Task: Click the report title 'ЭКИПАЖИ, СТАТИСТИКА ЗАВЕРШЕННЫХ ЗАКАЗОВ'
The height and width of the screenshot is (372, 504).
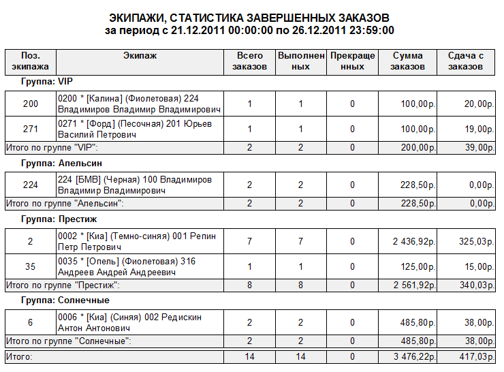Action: [250, 17]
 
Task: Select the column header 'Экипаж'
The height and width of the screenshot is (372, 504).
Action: [141, 55]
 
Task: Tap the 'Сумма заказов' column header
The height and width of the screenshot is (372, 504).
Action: [408, 61]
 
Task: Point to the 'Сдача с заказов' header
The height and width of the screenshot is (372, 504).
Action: [466, 61]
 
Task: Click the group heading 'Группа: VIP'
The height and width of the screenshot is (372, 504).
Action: [46, 82]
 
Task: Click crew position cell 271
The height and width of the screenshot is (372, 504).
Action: [31, 129]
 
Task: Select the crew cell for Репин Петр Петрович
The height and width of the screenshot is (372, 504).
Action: [140, 241]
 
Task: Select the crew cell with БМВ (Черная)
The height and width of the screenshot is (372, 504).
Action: [140, 185]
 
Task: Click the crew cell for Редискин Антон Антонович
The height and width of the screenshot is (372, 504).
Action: [140, 322]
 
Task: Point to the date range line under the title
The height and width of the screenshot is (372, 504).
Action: [250, 31]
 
